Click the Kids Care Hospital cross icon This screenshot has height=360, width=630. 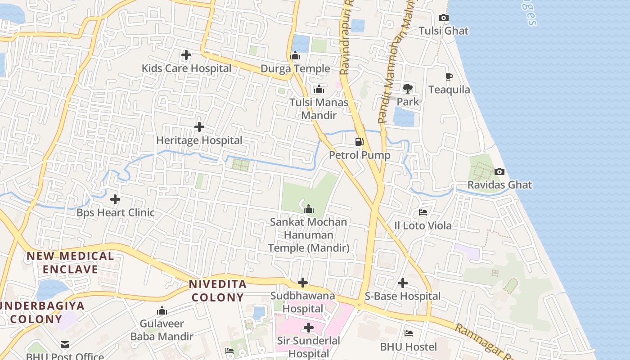[186, 55]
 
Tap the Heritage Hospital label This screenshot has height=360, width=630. [199, 140]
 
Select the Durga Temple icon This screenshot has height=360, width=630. [295, 56]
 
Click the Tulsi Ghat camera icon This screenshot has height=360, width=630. [443, 18]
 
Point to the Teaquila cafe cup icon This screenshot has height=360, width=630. [449, 76]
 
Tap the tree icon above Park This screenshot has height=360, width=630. [408, 89]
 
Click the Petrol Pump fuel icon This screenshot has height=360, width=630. [359, 142]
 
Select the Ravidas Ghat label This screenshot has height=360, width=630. [499, 184]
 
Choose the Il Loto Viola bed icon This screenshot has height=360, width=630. [423, 212]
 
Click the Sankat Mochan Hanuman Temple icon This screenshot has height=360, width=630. [309, 209]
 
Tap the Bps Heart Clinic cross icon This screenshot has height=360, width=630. [115, 199]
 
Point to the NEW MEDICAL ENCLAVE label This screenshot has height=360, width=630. [70, 263]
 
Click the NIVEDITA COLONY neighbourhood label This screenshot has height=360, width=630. [218, 291]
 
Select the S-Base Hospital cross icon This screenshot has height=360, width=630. [403, 283]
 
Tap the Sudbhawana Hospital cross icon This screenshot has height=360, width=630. [303, 283]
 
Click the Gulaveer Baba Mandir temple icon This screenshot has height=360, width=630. [162, 310]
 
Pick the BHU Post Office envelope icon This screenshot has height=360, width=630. [65, 345]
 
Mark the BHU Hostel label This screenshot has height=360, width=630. [408, 346]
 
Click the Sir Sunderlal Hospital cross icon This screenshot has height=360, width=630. [309, 327]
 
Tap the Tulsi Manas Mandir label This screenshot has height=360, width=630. [319, 109]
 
